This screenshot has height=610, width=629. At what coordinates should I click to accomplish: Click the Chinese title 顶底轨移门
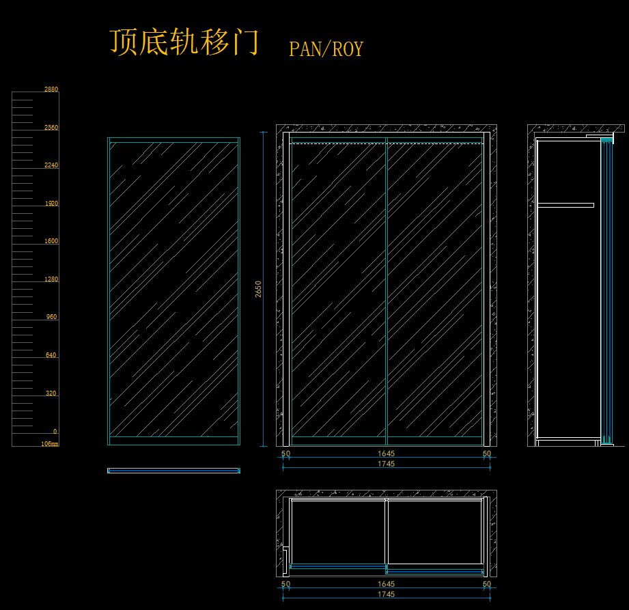pos(184,43)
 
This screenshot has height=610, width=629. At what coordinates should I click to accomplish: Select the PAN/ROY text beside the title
pos(326,49)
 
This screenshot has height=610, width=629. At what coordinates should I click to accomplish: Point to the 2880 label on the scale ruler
pos(51,89)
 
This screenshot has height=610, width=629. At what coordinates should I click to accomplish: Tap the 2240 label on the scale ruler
pos(51,165)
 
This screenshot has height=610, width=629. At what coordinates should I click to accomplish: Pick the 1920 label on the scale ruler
pos(51,204)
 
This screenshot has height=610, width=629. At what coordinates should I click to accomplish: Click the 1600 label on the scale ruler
pos(51,241)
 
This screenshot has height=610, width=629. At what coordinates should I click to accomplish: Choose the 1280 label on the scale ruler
pos(51,279)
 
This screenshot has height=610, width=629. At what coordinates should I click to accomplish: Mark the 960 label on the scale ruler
pos(52,317)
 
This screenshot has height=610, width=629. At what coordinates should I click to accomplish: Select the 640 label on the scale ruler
pos(52,355)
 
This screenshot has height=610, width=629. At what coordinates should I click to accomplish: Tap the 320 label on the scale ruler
pos(52,393)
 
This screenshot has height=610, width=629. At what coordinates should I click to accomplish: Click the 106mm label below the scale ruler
pos(50,444)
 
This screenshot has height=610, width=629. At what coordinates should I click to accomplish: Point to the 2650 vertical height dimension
pos(258,289)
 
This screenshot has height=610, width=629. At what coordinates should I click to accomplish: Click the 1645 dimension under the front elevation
pos(386,454)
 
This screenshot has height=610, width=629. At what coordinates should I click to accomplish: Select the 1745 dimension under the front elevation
pos(386,464)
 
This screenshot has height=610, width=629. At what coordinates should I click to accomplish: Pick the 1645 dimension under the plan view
pos(386,584)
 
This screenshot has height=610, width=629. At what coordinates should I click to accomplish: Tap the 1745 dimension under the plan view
pos(386,594)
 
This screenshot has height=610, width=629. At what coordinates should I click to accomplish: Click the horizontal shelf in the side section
pos(565,204)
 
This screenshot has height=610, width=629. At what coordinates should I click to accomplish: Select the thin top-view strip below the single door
pos(173,470)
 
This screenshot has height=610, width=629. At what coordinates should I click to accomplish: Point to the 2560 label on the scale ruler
pos(51,128)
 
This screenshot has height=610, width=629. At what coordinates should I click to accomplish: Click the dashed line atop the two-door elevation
pos(386,143)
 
